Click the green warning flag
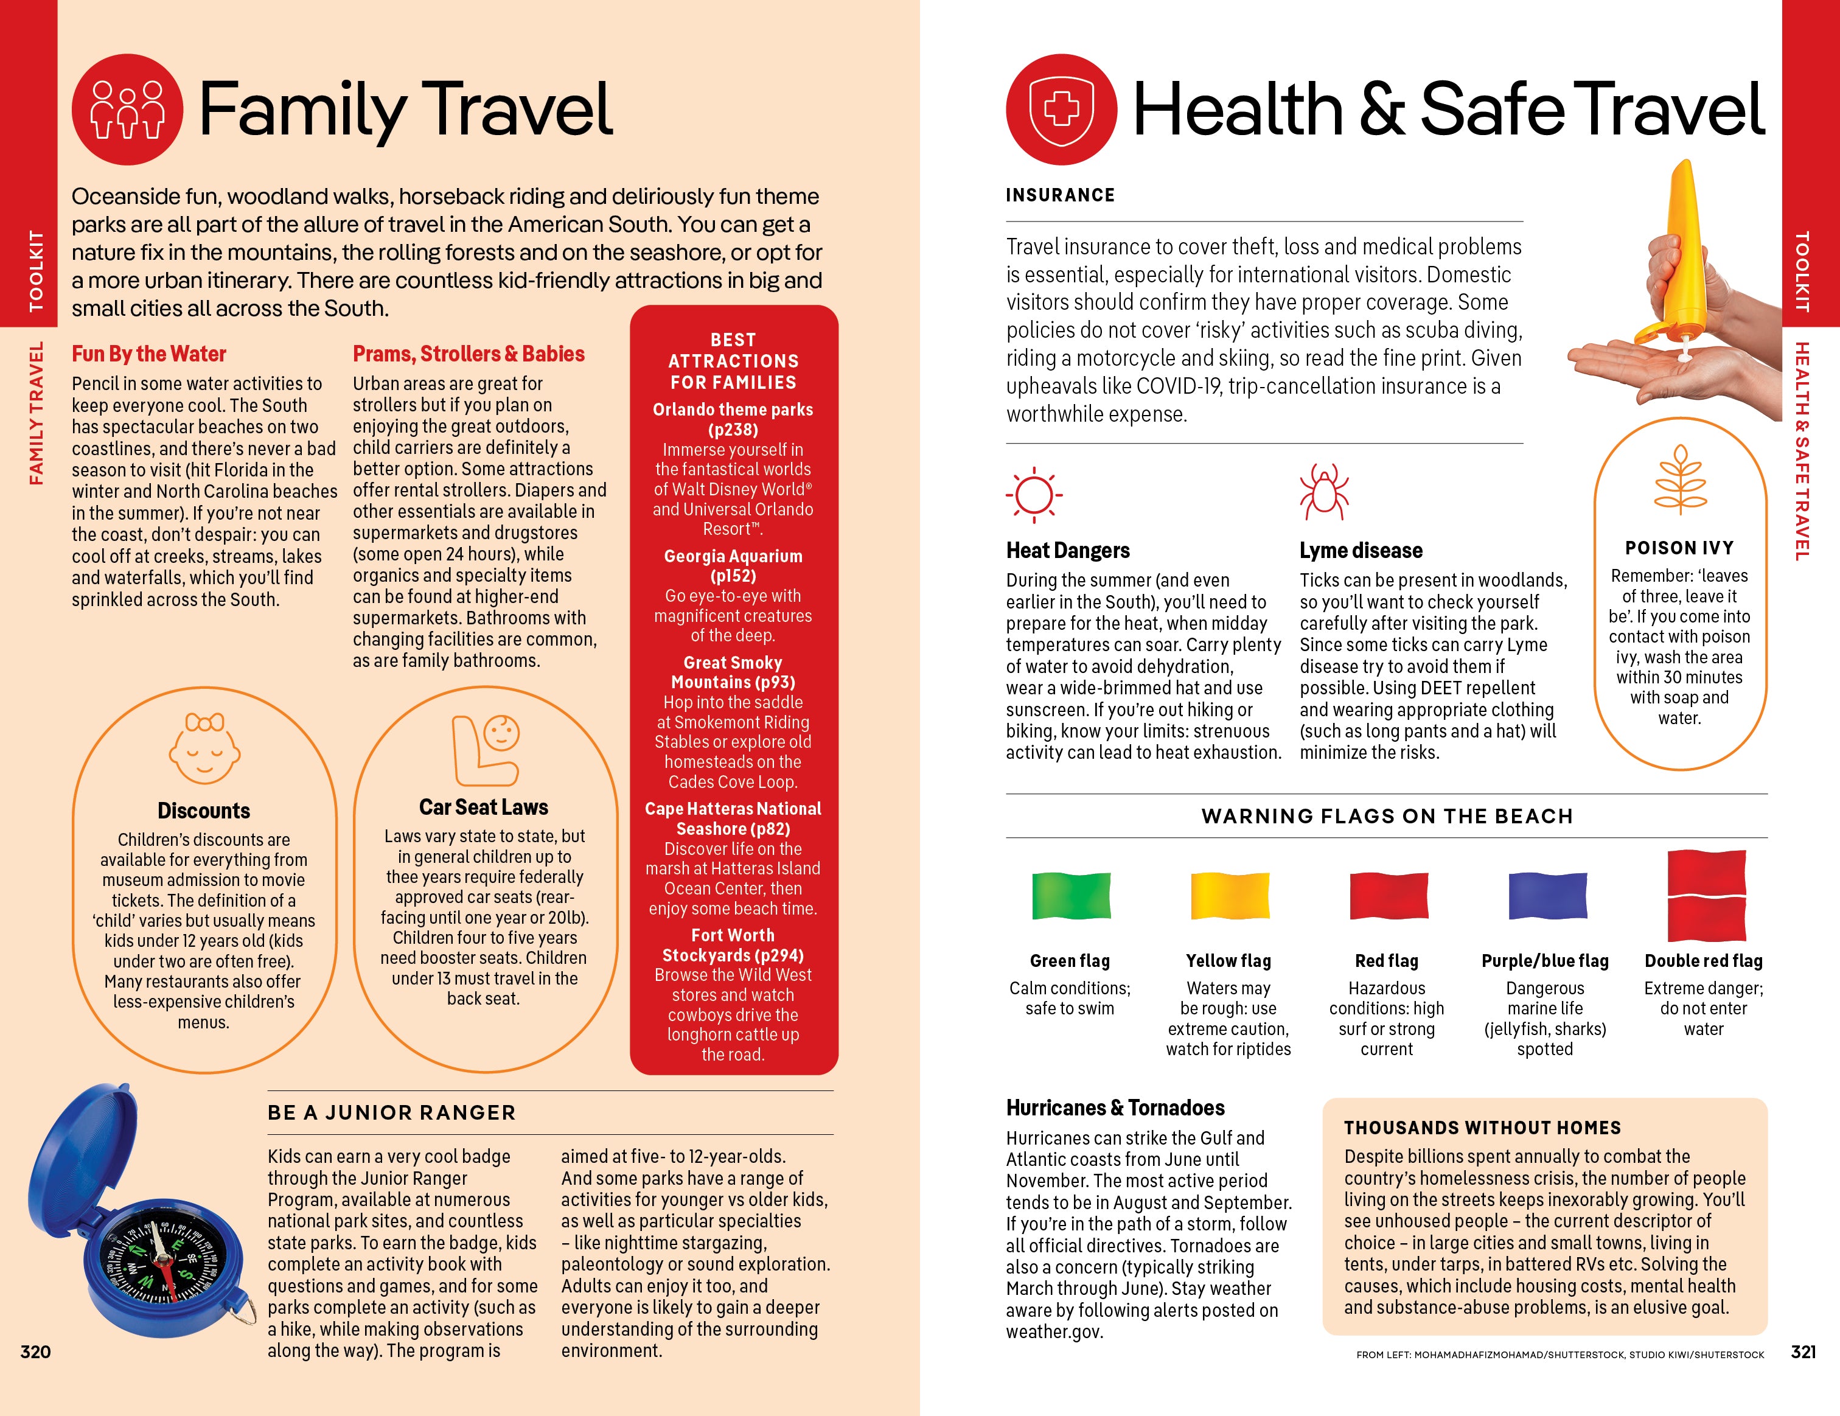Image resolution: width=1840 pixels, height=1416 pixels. tap(1071, 896)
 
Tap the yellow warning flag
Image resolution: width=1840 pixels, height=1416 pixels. tap(1228, 896)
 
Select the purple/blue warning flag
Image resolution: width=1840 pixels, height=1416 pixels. tap(1546, 896)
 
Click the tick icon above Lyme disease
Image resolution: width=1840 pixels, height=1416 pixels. tap(1323, 492)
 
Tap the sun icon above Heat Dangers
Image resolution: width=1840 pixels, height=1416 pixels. tap(1034, 494)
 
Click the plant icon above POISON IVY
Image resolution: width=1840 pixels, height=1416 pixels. tap(1680, 480)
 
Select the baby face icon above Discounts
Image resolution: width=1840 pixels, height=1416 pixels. tap(204, 748)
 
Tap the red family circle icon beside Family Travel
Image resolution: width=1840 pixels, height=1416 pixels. tap(127, 110)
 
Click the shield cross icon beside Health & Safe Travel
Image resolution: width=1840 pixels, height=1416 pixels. tap(1062, 110)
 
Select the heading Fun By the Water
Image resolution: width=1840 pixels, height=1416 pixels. tap(149, 354)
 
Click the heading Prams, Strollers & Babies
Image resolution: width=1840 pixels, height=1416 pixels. tap(469, 354)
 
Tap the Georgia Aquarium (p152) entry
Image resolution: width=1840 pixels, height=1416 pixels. tap(733, 566)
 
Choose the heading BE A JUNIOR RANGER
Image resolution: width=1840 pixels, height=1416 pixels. tap(392, 1113)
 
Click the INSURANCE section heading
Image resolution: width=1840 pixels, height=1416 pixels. tap(1060, 195)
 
